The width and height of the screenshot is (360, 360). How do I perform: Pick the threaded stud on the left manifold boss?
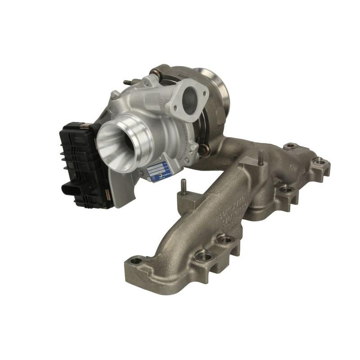point(184,185)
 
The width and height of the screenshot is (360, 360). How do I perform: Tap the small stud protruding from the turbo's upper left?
point(128,83)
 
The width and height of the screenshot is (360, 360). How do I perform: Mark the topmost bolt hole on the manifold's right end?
point(291,146)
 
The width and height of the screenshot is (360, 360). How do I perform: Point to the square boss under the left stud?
point(183,198)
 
